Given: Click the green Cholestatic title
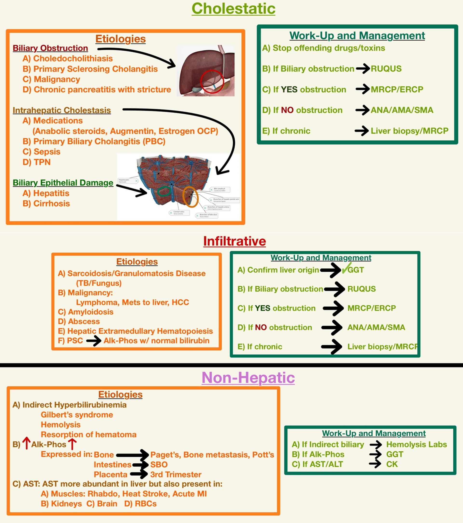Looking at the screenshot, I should click(233, 9).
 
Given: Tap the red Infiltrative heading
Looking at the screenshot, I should click(234, 241).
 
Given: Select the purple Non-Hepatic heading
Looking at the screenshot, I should click(248, 378).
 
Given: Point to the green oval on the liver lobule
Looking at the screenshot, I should click(164, 191).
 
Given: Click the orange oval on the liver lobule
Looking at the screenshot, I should click(190, 197).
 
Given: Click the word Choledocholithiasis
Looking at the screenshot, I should click(73, 59).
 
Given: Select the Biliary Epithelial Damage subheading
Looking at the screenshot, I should click(63, 183).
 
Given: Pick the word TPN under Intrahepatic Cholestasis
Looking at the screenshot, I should click(42, 162).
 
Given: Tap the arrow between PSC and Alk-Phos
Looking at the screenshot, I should click(94, 341).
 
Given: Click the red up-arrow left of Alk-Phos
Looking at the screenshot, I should click(26, 443).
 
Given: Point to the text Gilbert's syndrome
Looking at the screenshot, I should click(77, 415).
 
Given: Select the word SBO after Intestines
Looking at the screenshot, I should click(159, 465).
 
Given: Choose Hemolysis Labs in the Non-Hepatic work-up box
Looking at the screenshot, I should click(416, 444).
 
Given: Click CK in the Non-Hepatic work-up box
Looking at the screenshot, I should click(392, 464).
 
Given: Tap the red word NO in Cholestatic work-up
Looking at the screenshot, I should click(287, 110).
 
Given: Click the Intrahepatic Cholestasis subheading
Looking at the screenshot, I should click(62, 110).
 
